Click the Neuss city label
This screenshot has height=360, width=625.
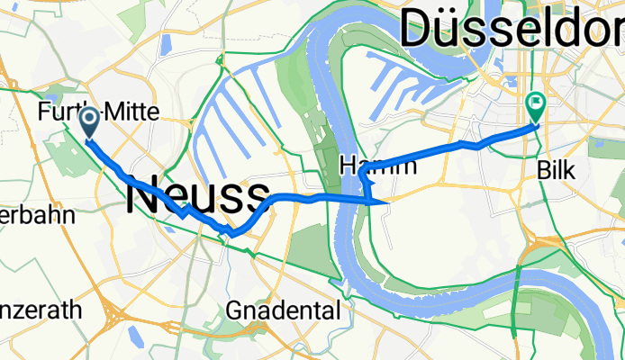click(x=198, y=196)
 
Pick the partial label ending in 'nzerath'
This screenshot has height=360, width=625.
click(x=41, y=310)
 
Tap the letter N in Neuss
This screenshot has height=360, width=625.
click(x=142, y=196)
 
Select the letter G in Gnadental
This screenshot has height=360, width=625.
click(x=234, y=311)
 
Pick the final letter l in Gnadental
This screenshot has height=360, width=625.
click(x=338, y=311)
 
